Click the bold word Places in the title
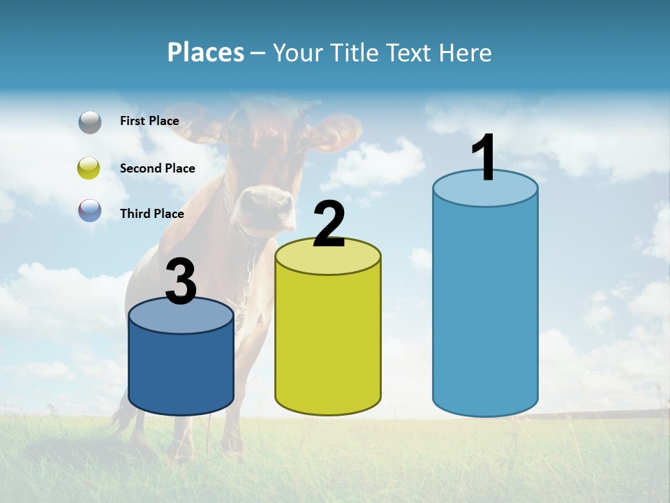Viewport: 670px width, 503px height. (x=205, y=52)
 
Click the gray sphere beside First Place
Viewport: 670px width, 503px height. (x=90, y=122)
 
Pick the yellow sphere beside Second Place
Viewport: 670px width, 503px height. (x=89, y=168)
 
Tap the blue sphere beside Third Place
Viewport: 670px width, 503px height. (x=90, y=211)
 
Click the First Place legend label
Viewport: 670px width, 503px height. (x=149, y=121)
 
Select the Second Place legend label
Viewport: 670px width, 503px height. (x=157, y=168)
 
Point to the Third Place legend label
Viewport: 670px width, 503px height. (x=151, y=214)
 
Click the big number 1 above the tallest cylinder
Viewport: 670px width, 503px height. (x=484, y=158)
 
